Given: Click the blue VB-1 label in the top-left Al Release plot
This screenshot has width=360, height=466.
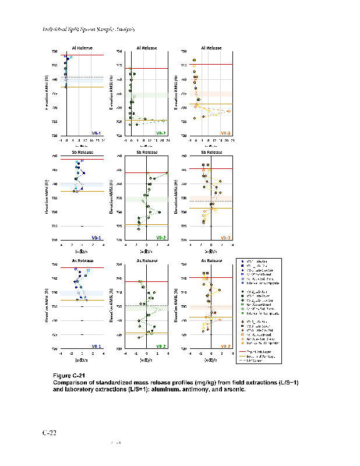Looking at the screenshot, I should point(96,133).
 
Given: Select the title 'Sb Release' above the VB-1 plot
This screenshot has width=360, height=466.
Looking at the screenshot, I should point(81,153).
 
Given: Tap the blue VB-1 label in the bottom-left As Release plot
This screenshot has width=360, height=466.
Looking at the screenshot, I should point(96,346).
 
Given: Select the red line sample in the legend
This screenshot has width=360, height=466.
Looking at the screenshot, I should point(245,352).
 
